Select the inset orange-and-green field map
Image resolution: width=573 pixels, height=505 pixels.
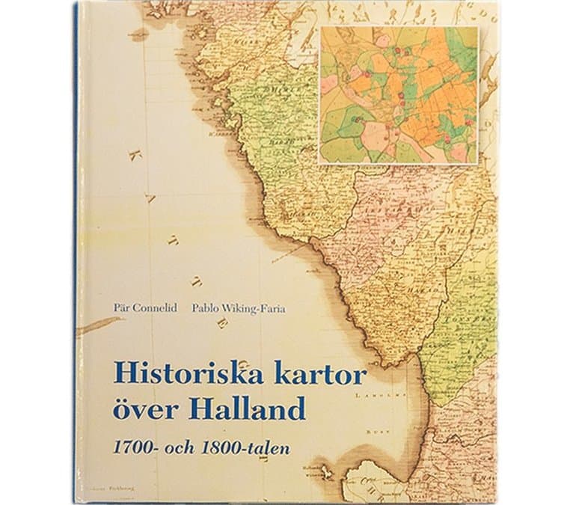(398, 94)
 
